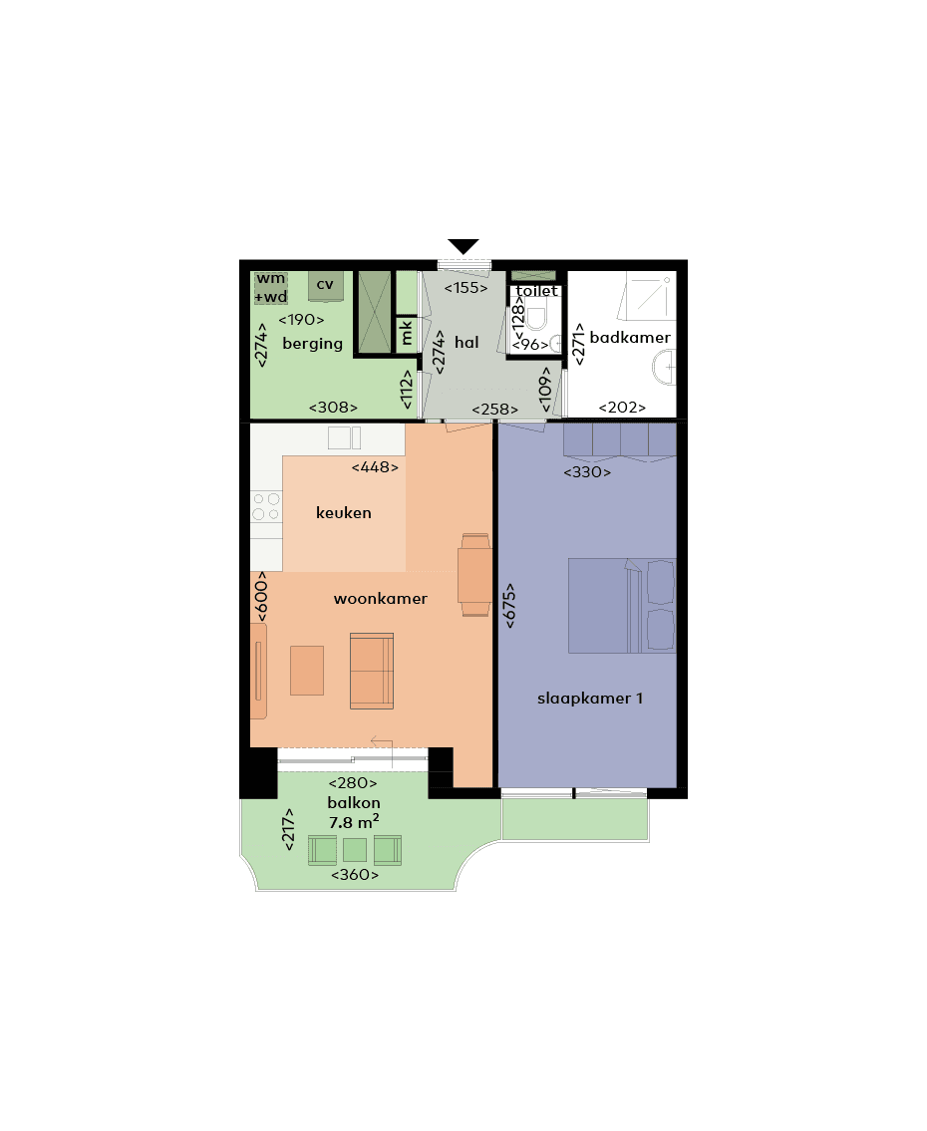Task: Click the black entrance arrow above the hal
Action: click(x=463, y=246)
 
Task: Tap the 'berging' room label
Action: click(x=312, y=344)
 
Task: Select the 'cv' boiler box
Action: click(x=325, y=285)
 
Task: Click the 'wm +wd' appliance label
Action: click(x=270, y=287)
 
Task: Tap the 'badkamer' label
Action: click(x=630, y=338)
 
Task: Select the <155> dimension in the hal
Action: click(x=465, y=288)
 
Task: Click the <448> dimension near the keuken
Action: click(x=375, y=466)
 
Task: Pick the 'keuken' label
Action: click(x=343, y=513)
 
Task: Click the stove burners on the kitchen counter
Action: click(x=265, y=506)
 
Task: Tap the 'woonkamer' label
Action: click(x=380, y=599)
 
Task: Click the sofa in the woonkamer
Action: click(x=372, y=671)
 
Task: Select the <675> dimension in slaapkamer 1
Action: click(x=510, y=604)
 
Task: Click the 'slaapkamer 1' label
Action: click(x=590, y=699)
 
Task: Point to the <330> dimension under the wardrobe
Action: click(x=587, y=472)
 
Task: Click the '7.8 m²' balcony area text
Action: click(x=354, y=822)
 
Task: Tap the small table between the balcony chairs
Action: click(x=355, y=850)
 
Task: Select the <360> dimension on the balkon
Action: click(x=355, y=875)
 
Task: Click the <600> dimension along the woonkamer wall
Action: click(x=262, y=598)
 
